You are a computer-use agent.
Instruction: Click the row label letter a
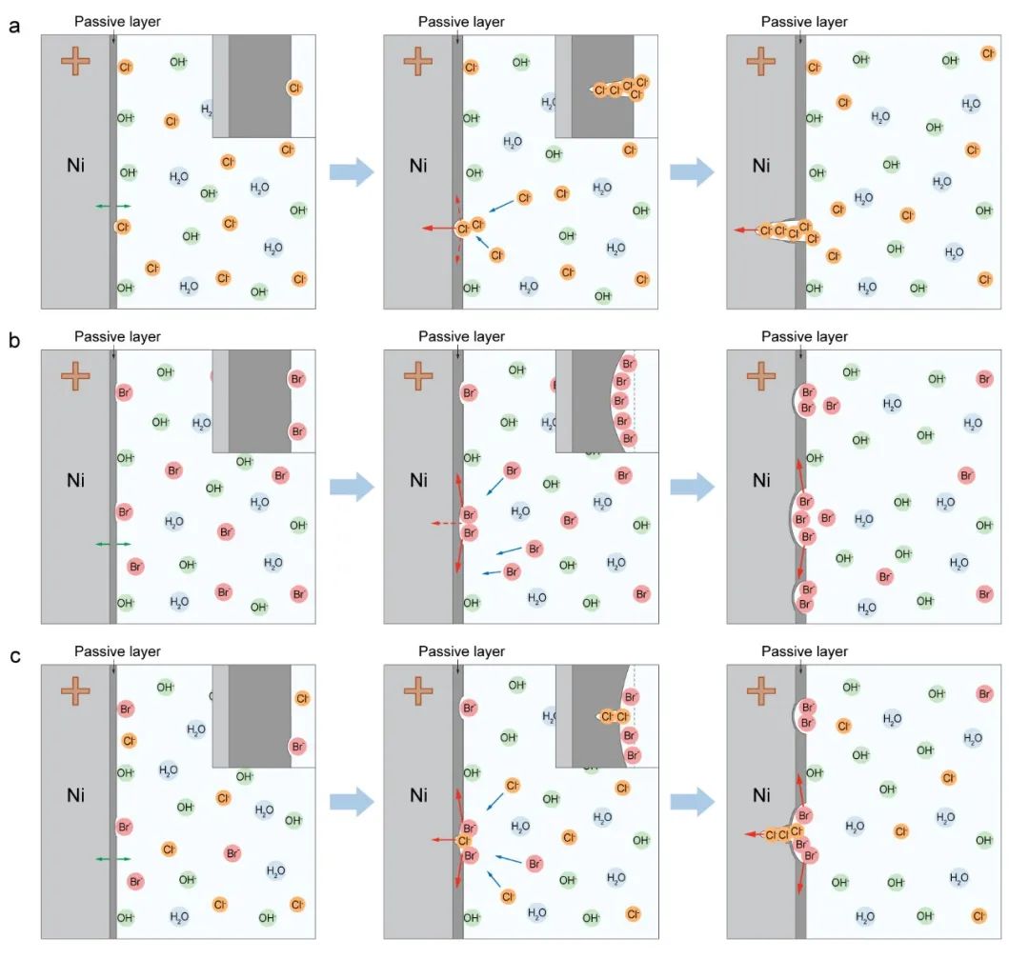click(x=14, y=27)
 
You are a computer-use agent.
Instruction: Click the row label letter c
click(x=14, y=656)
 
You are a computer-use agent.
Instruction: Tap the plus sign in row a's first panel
click(x=75, y=61)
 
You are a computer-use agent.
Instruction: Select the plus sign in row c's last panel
click(x=761, y=690)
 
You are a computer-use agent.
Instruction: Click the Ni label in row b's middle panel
click(x=418, y=480)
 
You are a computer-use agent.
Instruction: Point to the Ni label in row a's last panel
click(x=761, y=166)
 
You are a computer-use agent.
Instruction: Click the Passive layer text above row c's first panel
click(x=117, y=651)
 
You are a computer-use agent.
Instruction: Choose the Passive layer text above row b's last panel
click(x=804, y=336)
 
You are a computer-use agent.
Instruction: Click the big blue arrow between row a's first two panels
click(x=352, y=171)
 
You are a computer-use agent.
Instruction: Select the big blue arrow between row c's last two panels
click(x=693, y=802)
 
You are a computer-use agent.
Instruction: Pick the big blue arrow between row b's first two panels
click(x=352, y=487)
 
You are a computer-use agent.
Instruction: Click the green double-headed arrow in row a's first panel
click(x=112, y=206)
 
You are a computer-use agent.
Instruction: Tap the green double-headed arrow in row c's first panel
click(x=112, y=859)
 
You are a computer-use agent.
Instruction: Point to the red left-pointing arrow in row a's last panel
click(x=745, y=230)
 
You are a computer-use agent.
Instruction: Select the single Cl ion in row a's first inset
click(x=294, y=88)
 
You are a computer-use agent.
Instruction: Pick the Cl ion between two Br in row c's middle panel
click(x=464, y=841)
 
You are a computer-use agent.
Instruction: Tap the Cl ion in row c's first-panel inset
click(x=302, y=699)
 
